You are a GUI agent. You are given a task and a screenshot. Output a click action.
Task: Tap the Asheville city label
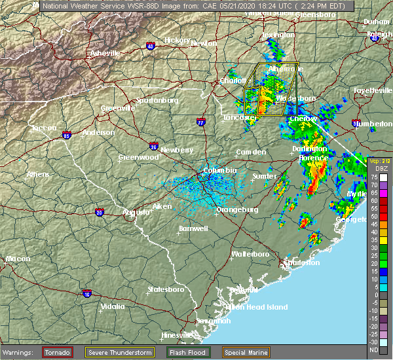(105, 53)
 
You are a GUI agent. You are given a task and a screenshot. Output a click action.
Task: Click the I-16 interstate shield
(86, 293)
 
